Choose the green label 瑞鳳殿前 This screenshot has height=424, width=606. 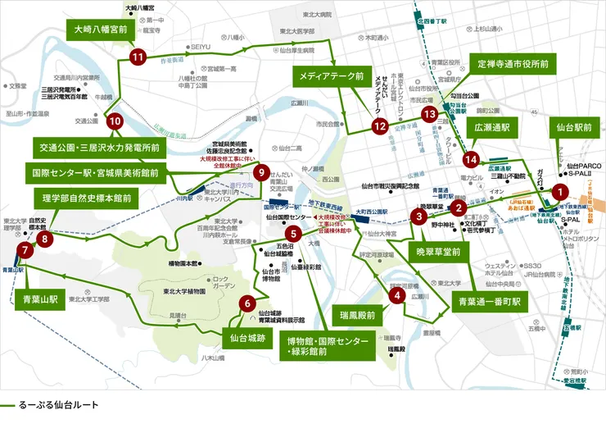[357, 314]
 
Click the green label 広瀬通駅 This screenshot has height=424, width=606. [491, 128]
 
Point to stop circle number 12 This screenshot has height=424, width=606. [378, 125]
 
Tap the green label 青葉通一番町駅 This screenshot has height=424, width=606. [490, 301]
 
